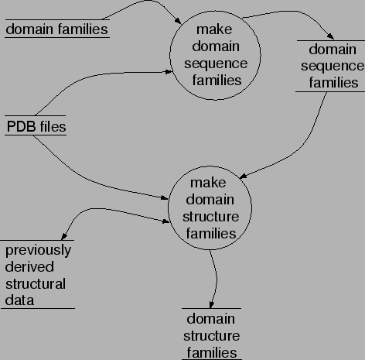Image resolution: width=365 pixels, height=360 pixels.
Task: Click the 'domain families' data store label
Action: pos(56,29)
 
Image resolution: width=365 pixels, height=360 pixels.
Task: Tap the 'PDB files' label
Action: pos(36,125)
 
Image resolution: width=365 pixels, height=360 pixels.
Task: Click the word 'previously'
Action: pos(39,250)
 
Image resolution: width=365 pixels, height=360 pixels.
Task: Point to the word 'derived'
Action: pos(28,266)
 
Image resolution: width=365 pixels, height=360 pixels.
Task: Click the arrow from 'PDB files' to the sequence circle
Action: pos(101,79)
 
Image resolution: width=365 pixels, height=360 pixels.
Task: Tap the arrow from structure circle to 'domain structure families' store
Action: pos(214,279)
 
